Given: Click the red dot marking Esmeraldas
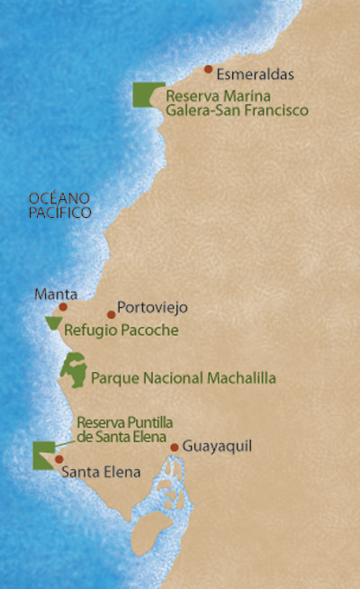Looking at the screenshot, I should (208, 69).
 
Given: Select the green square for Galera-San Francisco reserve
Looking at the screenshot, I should (142, 95).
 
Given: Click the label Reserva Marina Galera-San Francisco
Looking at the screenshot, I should (237, 103).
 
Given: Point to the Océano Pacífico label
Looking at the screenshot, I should (60, 205).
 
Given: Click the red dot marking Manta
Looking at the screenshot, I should (63, 306).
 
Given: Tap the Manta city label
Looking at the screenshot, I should (55, 294).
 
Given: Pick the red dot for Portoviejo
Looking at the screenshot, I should (111, 314).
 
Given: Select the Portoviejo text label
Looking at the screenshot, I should (152, 308).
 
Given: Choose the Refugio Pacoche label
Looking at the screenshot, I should (121, 331).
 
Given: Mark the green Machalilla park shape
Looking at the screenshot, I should (72, 370).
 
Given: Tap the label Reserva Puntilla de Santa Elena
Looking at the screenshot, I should (124, 429).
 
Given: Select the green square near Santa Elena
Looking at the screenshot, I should (41, 456).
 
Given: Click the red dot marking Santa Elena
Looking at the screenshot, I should (59, 458).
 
